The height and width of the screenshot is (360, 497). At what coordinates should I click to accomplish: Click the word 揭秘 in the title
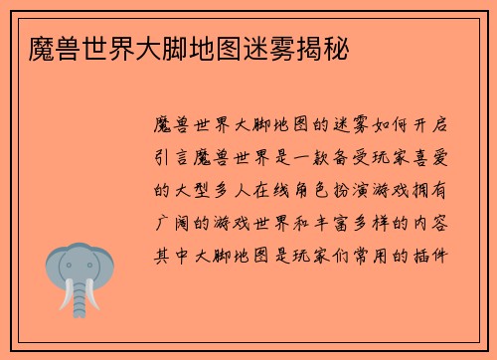(x=325, y=47)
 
